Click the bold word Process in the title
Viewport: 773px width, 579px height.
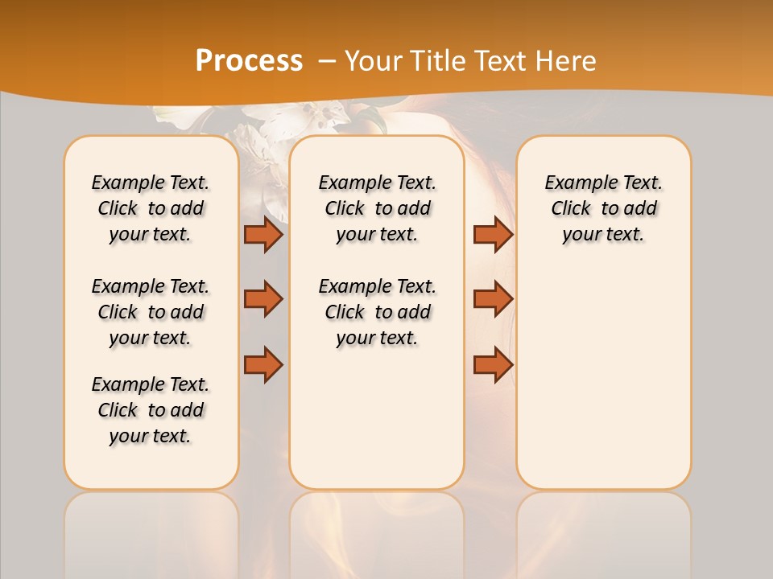tap(248, 61)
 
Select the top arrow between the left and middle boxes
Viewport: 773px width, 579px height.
tap(263, 235)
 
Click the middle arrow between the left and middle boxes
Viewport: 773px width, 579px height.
tap(263, 299)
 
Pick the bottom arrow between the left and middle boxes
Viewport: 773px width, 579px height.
tap(263, 364)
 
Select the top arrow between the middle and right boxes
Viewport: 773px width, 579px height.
tap(493, 235)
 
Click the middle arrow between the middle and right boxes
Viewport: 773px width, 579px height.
tap(493, 299)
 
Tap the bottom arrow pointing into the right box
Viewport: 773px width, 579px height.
tap(493, 364)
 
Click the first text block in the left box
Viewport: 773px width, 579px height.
tap(151, 208)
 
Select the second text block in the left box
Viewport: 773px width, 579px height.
tap(151, 312)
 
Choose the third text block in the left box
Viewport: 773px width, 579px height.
tap(151, 410)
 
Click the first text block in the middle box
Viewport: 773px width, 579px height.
tap(377, 208)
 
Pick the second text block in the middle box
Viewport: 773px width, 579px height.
tap(377, 312)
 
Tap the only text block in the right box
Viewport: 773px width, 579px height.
tap(603, 208)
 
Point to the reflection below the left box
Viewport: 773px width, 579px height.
tap(151, 531)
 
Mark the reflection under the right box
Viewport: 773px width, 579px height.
tap(603, 531)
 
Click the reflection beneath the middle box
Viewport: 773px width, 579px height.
tap(377, 531)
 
